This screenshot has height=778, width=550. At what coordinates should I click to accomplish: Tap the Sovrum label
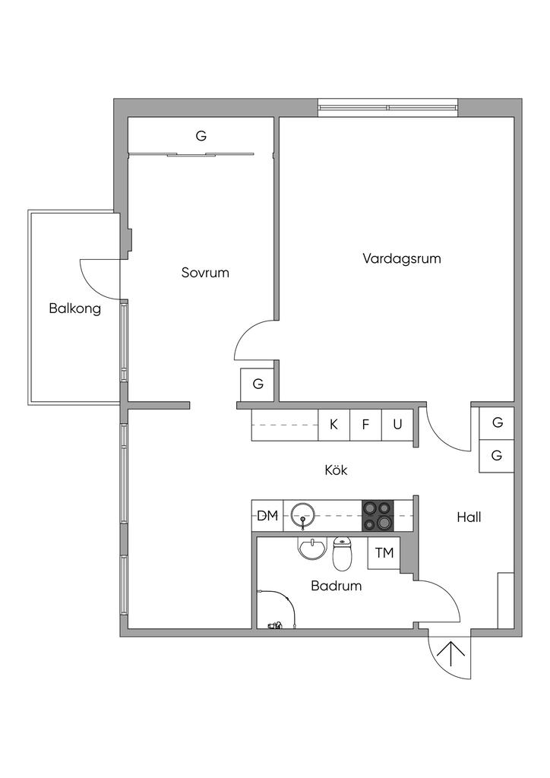204,273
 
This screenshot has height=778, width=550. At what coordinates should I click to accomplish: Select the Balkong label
74,308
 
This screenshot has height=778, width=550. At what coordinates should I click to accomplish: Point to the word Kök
336,470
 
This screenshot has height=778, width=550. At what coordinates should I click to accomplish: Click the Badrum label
336,586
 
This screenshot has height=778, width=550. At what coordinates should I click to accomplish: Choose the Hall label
469,517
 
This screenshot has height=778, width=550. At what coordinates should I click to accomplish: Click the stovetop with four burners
377,515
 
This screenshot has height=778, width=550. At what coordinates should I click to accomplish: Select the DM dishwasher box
267,516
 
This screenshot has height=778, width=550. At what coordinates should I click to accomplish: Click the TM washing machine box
384,552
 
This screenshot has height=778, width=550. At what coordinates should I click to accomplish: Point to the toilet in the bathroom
343,555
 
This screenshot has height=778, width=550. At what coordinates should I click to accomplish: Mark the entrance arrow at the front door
451,654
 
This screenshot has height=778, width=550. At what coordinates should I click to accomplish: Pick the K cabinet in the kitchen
333,424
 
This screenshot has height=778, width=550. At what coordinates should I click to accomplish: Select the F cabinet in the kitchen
365,424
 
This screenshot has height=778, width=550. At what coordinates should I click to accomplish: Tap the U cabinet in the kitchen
397,424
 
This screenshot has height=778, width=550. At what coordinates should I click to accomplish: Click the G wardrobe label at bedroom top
201,136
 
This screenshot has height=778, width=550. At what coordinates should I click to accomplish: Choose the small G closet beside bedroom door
258,384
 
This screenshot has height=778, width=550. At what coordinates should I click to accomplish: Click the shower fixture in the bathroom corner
275,625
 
